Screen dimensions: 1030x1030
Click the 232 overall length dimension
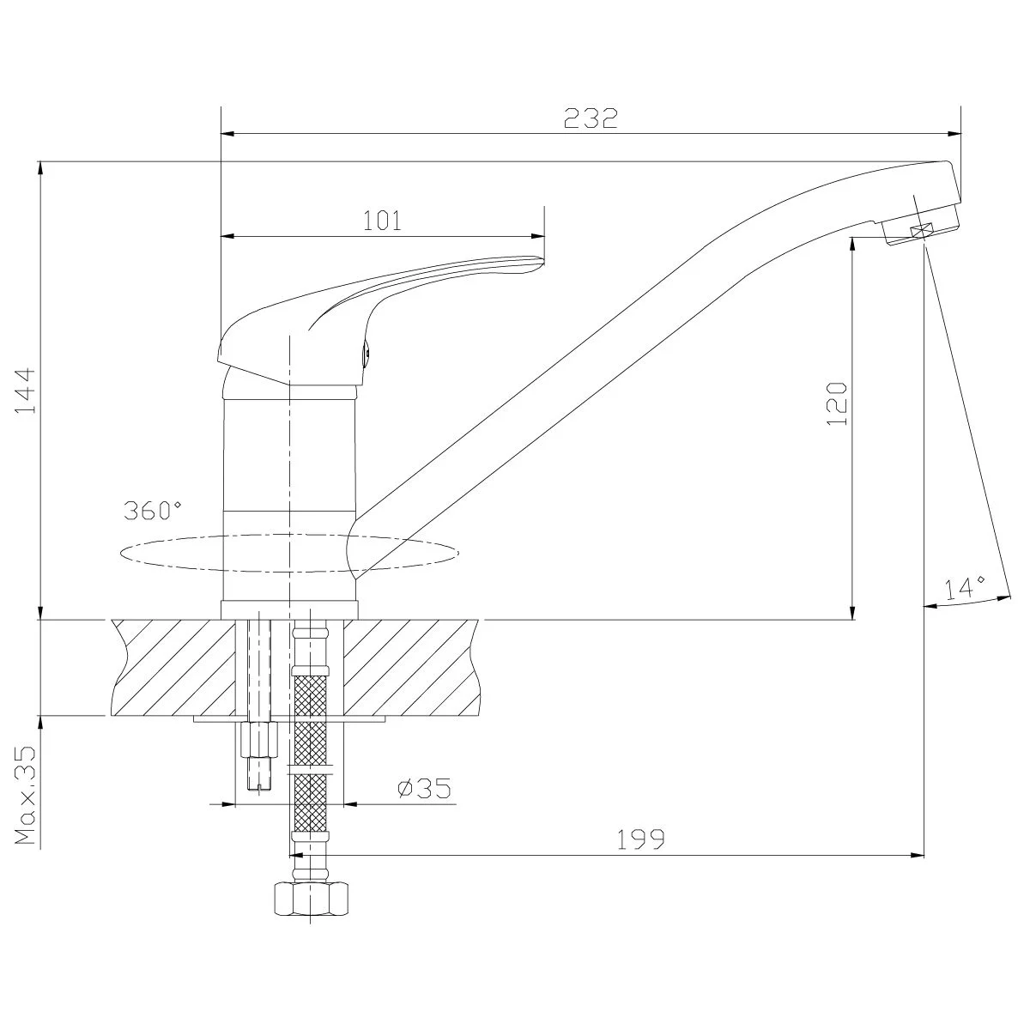point(591,118)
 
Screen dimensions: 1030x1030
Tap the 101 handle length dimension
point(382,221)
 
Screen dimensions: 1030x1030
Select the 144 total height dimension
point(25,391)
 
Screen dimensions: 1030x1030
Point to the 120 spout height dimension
point(837,404)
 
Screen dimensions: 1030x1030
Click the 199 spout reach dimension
point(641,839)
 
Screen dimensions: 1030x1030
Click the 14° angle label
point(964,588)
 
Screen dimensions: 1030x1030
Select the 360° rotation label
point(152,511)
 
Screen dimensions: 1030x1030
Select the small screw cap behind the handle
point(367,354)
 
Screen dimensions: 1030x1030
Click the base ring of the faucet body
point(289,609)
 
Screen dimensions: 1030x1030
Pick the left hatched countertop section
point(173,667)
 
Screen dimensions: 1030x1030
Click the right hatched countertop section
point(412,667)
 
